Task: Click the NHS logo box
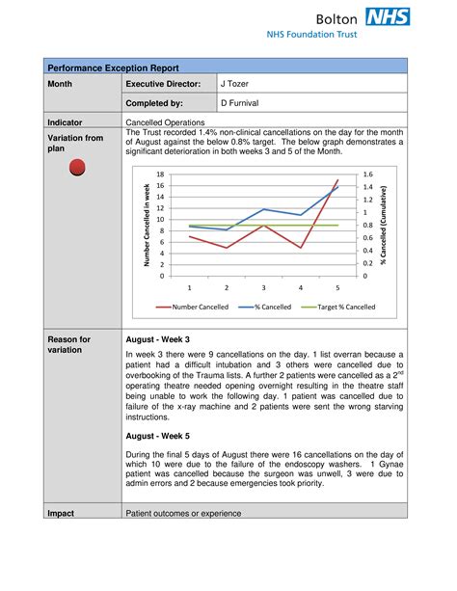388,16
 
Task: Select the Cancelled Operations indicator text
166,122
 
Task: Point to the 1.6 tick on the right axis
366,175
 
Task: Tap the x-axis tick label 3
263,287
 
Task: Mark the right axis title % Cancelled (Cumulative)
383,225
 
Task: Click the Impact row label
62,513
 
